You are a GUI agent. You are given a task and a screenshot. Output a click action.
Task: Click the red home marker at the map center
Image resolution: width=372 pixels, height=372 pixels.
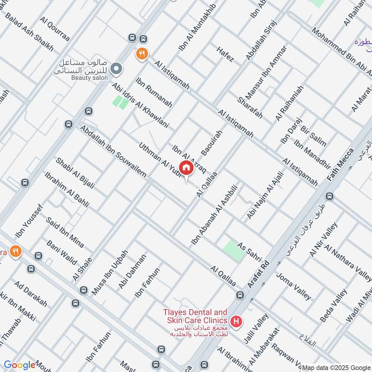tap(186, 168)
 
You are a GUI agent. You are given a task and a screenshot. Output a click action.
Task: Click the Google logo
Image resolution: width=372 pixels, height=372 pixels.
tap(19, 365)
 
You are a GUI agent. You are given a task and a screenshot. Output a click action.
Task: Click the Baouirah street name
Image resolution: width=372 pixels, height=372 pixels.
tap(212, 142)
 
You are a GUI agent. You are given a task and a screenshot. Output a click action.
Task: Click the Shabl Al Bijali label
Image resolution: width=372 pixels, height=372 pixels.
tap(75, 173)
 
